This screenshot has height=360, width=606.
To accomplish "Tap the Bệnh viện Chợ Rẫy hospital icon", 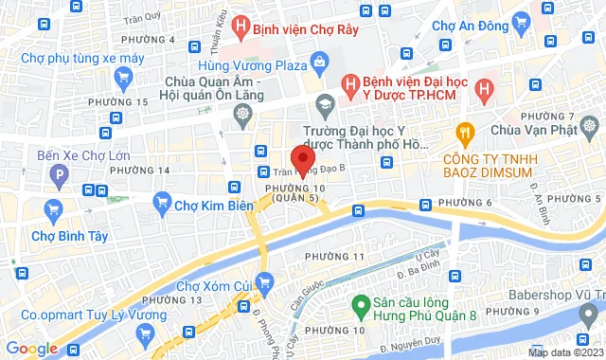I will coord(241,27).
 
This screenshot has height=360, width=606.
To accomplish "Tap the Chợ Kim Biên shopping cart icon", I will coord(162,201).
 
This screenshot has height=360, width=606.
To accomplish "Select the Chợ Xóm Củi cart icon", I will coord(265,280).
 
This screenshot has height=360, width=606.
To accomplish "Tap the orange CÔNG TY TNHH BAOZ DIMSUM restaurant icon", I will coord(464,132).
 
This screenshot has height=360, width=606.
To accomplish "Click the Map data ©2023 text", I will coord(564,352).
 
